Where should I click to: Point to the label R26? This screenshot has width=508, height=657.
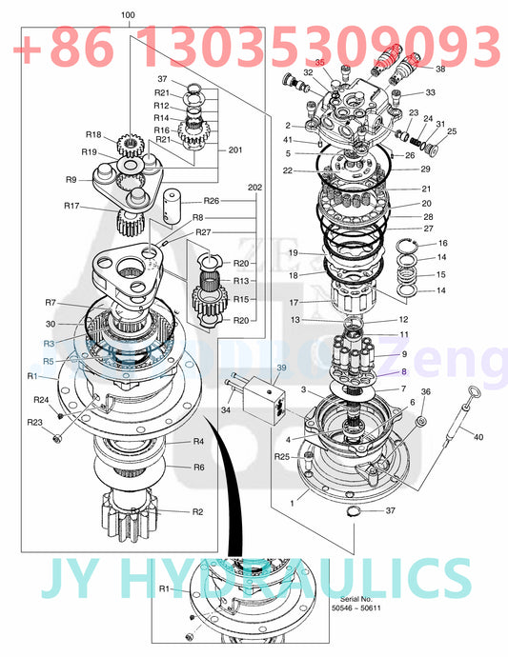point(212,201)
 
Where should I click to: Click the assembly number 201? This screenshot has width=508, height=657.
point(235,149)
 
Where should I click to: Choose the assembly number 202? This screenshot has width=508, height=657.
point(254,188)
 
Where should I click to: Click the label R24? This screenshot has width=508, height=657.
point(41,400)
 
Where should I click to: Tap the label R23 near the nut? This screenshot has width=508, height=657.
point(34,423)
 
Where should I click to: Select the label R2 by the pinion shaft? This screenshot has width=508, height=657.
point(198,511)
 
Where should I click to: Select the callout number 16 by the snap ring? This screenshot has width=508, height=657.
point(441,244)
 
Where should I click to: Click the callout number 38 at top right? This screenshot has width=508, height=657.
point(440,70)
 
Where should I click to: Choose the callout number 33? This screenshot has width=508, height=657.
point(431,93)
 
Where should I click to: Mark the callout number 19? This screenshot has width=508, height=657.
point(295,252)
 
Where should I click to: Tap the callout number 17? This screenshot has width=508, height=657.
point(295,303)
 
